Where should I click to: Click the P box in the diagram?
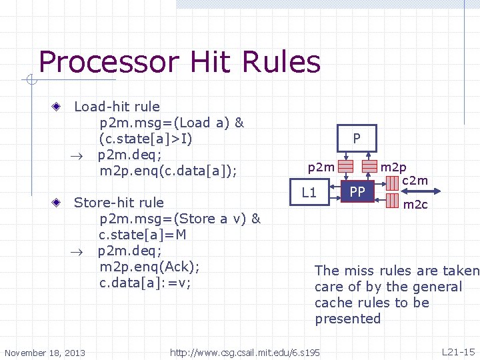click(x=357, y=139)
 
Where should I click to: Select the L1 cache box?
click(x=309, y=193)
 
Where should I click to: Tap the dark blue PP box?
click(x=357, y=192)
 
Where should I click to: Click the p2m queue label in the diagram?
click(x=321, y=167)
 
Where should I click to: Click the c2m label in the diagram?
click(x=415, y=180)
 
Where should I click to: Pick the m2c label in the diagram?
click(x=415, y=205)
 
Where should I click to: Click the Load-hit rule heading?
click(x=117, y=107)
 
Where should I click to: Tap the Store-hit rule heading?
click(x=119, y=203)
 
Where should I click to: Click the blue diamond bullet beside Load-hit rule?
click(x=58, y=107)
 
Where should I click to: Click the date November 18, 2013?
click(x=45, y=352)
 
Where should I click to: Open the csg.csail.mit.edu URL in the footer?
click(x=245, y=352)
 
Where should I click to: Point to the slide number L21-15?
click(x=458, y=351)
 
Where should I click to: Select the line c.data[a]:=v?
click(x=145, y=283)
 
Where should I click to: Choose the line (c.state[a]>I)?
click(x=146, y=139)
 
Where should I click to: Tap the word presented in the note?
click(x=347, y=319)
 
